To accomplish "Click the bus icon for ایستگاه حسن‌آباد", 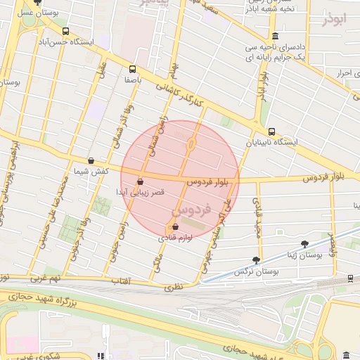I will click(65, 32).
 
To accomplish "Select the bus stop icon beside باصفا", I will click(132, 69).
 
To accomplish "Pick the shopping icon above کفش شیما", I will click(91, 160).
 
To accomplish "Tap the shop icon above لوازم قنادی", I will click(174, 226).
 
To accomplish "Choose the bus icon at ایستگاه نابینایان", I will click(271, 131).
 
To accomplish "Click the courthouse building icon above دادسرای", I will click(274, 37).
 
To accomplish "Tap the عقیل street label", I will click(102, 74).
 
